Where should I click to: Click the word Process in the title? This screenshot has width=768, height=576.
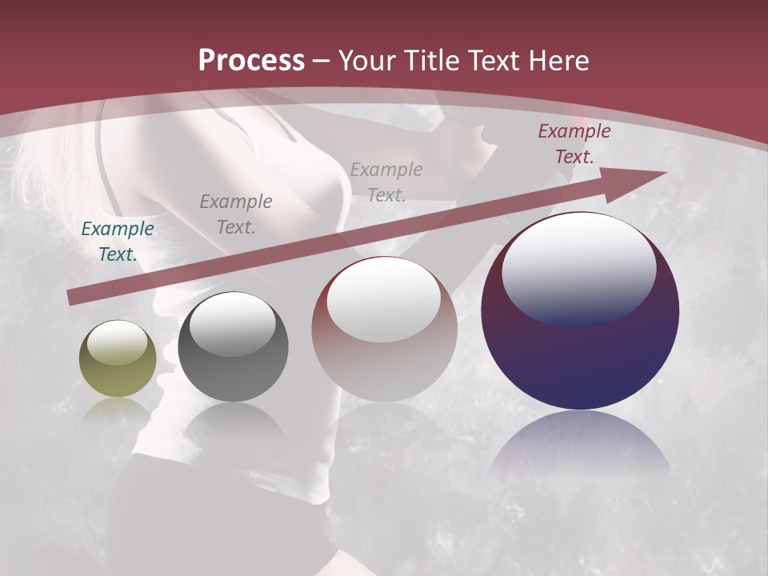click(251, 61)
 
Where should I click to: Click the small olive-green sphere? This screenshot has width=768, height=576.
click(118, 358)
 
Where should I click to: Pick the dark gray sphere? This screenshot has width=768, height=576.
click(233, 347)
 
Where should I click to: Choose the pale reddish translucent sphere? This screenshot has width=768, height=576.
click(384, 329)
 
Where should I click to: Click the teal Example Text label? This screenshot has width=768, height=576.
click(118, 242)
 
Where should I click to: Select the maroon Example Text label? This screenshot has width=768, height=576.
click(574, 144)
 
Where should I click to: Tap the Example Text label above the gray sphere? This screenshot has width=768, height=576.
click(236, 214)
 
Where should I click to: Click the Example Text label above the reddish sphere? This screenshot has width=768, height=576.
click(386, 182)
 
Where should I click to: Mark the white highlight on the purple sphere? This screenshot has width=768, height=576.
click(579, 266)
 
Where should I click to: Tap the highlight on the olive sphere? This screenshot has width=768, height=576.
click(117, 344)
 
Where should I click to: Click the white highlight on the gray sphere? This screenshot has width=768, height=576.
click(232, 325)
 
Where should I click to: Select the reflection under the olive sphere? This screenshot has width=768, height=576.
click(118, 411)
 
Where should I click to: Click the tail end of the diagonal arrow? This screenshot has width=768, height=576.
click(74, 298)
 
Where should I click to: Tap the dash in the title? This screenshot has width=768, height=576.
click(321, 62)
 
